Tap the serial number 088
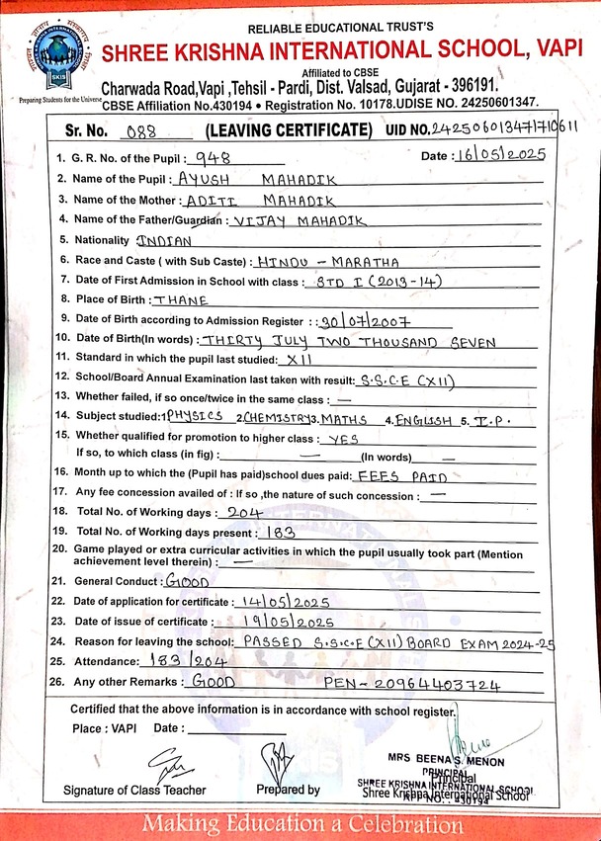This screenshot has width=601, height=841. click(136, 130)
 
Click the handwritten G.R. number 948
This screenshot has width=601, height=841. click(215, 157)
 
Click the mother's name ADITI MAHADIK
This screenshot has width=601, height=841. click(250, 201)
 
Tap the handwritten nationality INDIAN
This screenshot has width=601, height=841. click(164, 240)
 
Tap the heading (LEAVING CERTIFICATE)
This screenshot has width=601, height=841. click(289, 130)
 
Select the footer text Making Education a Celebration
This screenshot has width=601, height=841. click(301, 822)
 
